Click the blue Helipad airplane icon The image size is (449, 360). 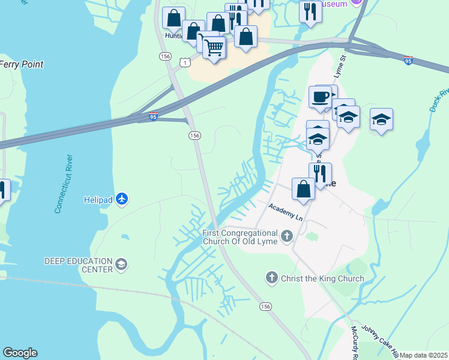coord(122,199)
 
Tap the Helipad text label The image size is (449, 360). coord(98,199)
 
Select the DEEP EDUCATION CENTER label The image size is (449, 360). coord(78,265)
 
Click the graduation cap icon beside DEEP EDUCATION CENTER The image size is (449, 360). coord(122,265)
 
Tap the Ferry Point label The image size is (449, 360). coord(22,64)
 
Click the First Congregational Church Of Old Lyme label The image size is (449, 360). coord(240,237)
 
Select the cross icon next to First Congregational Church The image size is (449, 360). coord(286,236)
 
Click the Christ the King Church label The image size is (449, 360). coord(323,278)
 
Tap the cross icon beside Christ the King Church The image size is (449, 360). coord(271,278)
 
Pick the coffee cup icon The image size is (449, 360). coord(320,96)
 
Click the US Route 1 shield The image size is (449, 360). coord(187,62)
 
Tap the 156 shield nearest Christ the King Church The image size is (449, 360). coord(265,307)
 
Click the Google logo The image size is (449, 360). coord(20,353)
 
